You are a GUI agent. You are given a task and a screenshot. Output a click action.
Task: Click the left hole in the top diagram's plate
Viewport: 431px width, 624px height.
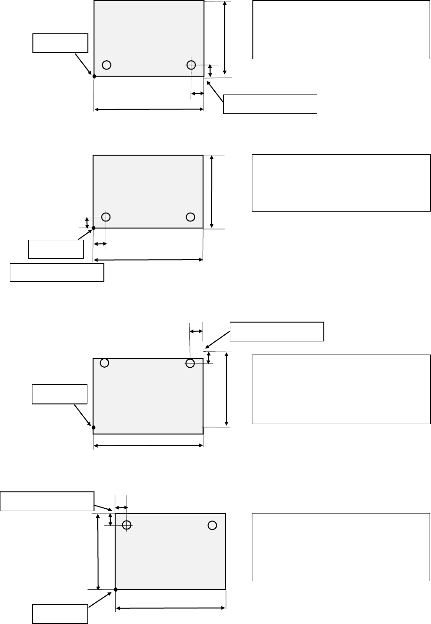107,65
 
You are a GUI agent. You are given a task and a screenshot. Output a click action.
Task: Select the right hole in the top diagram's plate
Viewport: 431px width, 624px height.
191,65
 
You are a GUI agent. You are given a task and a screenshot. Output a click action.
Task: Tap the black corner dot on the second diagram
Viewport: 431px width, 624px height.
94,228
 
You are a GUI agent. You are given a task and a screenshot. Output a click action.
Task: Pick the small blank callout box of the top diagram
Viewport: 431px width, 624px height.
60,43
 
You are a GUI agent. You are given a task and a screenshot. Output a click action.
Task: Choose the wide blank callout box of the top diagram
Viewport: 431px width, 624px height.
270,104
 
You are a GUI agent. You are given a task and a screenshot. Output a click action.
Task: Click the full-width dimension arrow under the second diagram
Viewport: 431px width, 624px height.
148,260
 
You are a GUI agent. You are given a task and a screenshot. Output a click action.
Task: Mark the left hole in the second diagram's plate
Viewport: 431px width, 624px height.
106,217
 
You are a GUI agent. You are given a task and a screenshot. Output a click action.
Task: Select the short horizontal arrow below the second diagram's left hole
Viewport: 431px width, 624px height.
100,244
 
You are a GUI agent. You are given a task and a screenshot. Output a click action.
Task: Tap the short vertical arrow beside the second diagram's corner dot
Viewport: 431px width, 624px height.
87,222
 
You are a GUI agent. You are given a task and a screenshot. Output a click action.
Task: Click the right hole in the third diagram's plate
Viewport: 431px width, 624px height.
190,363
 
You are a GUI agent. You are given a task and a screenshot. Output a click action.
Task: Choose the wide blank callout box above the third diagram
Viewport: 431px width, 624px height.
277,331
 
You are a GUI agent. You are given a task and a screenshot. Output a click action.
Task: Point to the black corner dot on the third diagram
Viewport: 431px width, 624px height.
94,427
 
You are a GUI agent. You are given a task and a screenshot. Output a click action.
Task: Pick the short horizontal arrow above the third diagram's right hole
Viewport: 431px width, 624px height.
196,332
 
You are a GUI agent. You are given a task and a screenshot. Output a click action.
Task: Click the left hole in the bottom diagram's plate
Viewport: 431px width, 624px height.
126,525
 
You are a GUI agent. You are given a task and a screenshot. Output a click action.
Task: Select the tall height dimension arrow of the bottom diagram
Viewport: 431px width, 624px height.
98,551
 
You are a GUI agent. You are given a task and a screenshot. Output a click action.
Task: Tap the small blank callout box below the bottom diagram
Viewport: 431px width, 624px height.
60,614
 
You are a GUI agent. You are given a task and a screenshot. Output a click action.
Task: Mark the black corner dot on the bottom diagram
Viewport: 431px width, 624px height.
116,589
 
